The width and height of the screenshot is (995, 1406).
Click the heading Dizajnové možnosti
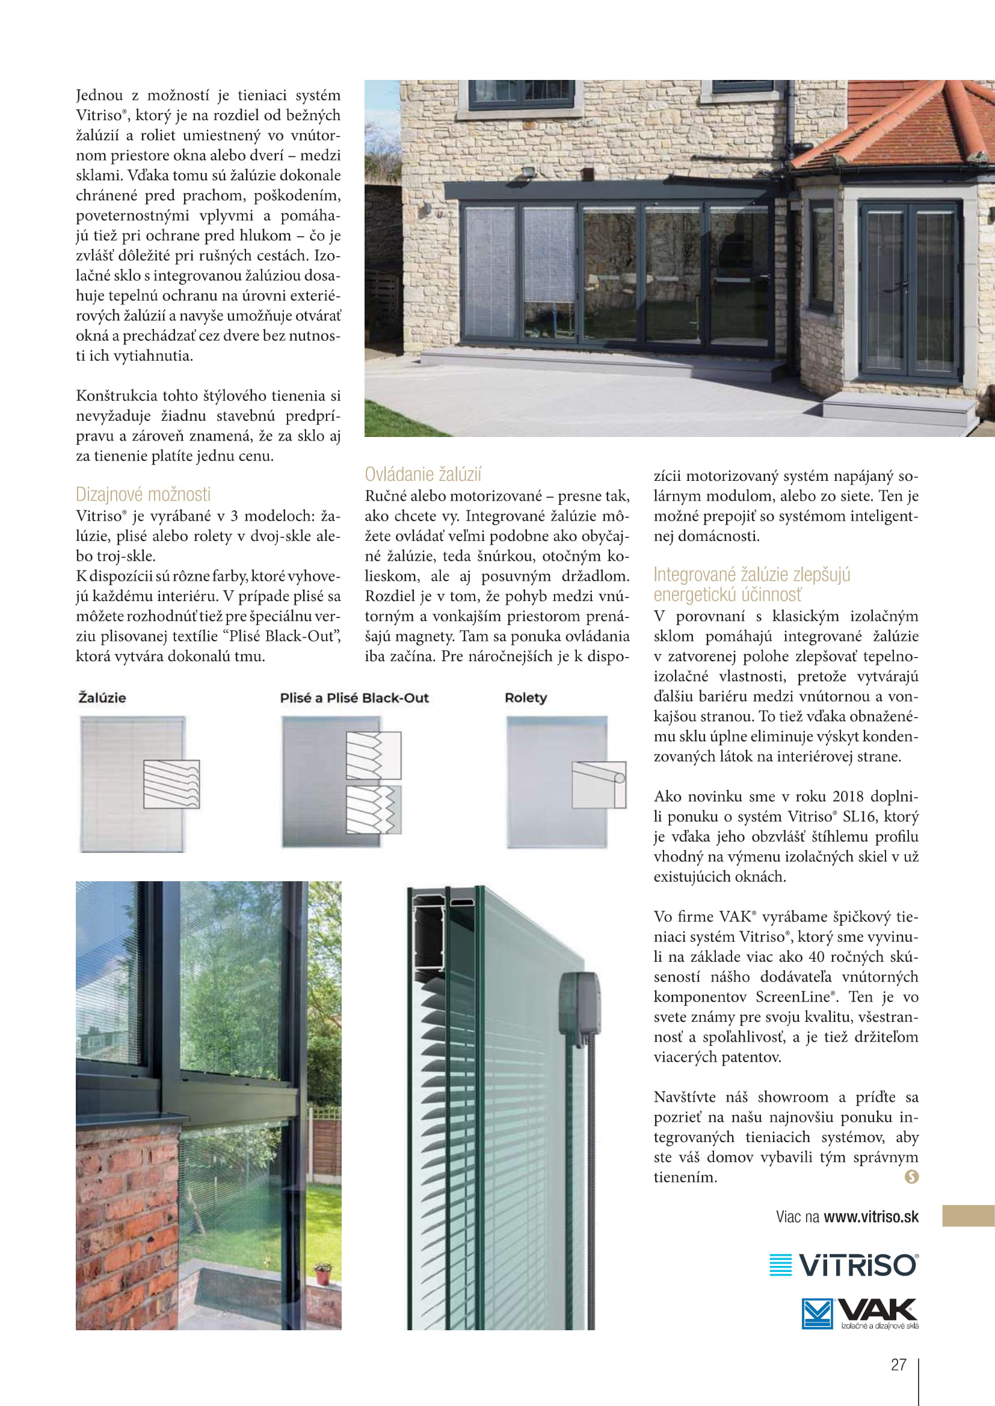(143, 494)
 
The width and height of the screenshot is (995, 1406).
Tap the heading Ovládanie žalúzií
(423, 474)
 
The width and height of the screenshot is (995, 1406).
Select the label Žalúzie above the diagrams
(102, 697)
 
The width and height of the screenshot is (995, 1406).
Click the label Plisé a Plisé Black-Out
(354, 697)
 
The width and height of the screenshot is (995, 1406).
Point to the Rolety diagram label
(526, 697)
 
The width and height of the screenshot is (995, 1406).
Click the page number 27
(898, 1365)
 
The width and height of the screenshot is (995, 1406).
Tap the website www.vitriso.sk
(870, 1217)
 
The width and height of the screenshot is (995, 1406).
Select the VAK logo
(860, 1313)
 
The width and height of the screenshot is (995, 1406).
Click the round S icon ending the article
(911, 1176)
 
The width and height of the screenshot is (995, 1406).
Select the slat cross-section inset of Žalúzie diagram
(171, 784)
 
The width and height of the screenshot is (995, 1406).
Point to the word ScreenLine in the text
(792, 996)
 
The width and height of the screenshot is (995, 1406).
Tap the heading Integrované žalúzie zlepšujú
(751, 575)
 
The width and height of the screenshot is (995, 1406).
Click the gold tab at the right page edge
(968, 1215)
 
